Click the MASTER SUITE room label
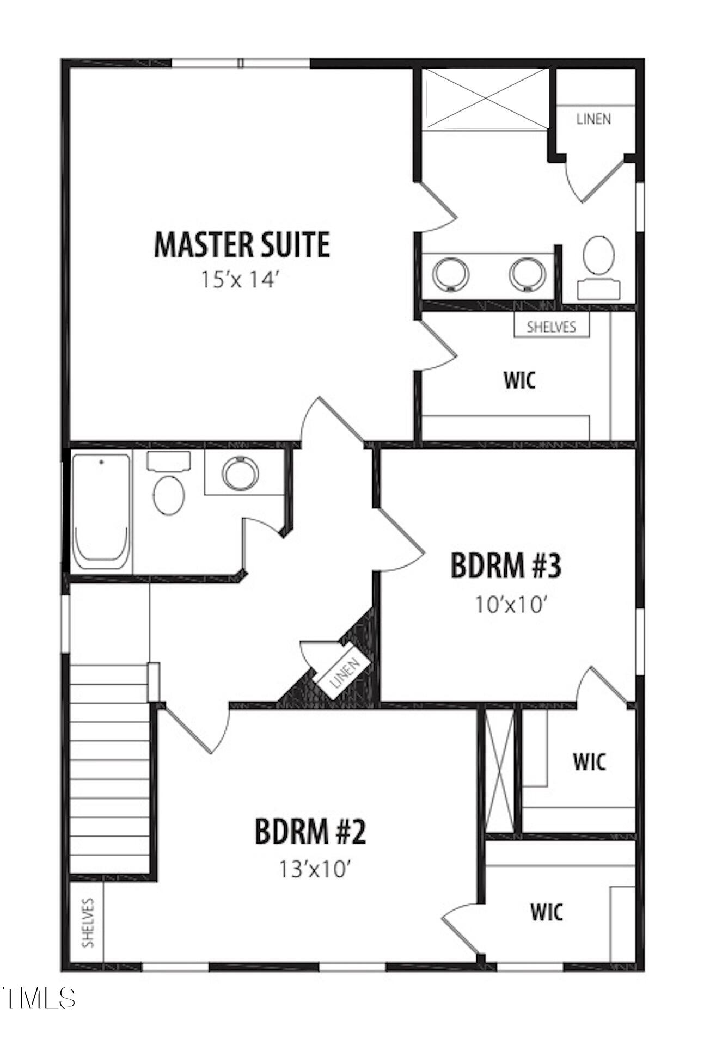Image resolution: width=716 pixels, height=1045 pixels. click(x=242, y=244)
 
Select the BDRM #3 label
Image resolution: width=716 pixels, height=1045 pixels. click(x=506, y=565)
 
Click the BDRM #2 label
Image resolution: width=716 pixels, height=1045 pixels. click(x=310, y=831)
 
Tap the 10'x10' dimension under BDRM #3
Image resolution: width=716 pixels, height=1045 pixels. click(x=510, y=604)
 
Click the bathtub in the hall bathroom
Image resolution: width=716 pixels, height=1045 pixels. click(x=101, y=511)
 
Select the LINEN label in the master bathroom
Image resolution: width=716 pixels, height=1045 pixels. click(x=593, y=119)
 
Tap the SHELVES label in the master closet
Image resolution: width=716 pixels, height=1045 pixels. click(x=551, y=327)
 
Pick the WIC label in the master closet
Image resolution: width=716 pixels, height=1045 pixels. click(x=519, y=380)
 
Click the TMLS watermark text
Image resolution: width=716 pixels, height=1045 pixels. click(x=38, y=998)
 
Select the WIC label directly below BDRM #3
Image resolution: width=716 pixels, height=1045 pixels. click(x=589, y=761)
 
